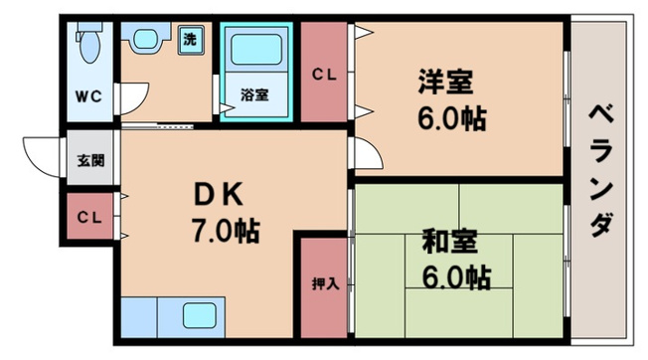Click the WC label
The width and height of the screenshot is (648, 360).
tap(86, 96)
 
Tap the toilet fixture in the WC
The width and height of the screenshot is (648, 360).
tap(87, 46)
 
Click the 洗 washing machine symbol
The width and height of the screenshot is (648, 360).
tap(189, 41)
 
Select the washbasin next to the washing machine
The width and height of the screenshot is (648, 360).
tap(146, 41)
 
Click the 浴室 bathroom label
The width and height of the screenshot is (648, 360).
tap(253, 96)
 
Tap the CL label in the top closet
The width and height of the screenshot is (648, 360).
tap(324, 75)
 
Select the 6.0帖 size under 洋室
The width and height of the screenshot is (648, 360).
tap(450, 119)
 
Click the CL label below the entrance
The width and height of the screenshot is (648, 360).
tap(88, 217)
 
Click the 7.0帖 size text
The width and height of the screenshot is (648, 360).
tap(225, 232)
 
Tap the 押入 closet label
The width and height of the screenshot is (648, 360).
tap(324, 283)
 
